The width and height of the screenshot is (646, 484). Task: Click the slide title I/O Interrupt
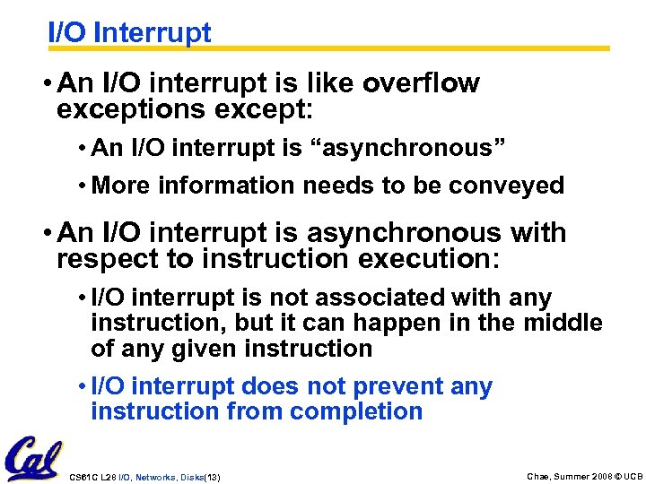click(x=129, y=32)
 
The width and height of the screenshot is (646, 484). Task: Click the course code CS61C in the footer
click(x=82, y=476)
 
